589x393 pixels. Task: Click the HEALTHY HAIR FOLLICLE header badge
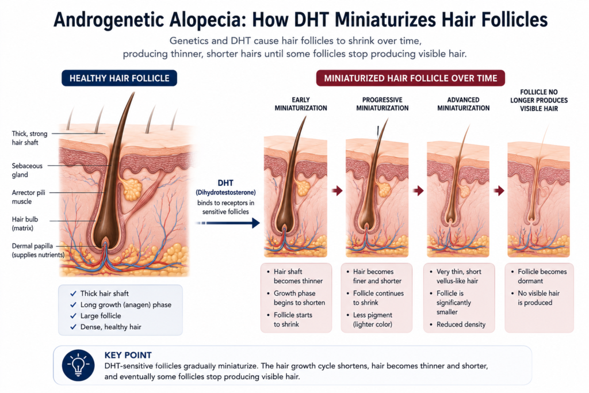click(x=119, y=78)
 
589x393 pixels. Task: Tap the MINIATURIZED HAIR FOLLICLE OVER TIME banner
click(x=411, y=78)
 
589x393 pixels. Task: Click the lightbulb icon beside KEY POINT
click(x=78, y=365)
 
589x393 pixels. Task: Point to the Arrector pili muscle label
click(x=28, y=197)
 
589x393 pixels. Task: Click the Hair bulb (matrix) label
click(x=25, y=224)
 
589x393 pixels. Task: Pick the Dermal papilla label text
click(x=38, y=250)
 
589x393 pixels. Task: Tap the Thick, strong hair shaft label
click(x=30, y=138)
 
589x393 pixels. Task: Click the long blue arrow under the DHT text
click(x=228, y=223)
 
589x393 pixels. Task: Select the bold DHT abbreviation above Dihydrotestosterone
click(x=225, y=183)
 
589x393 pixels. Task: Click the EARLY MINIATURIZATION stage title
click(x=301, y=104)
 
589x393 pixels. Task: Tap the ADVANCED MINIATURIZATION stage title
click(x=463, y=104)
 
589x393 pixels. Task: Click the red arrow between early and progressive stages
click(x=337, y=190)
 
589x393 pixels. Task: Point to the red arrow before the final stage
click(x=499, y=190)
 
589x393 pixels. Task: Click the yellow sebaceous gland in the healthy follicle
click(x=132, y=189)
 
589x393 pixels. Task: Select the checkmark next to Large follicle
click(x=73, y=315)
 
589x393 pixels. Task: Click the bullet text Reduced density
click(x=461, y=325)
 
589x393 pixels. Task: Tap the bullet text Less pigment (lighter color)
click(x=373, y=320)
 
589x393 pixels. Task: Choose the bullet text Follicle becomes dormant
click(x=542, y=276)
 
